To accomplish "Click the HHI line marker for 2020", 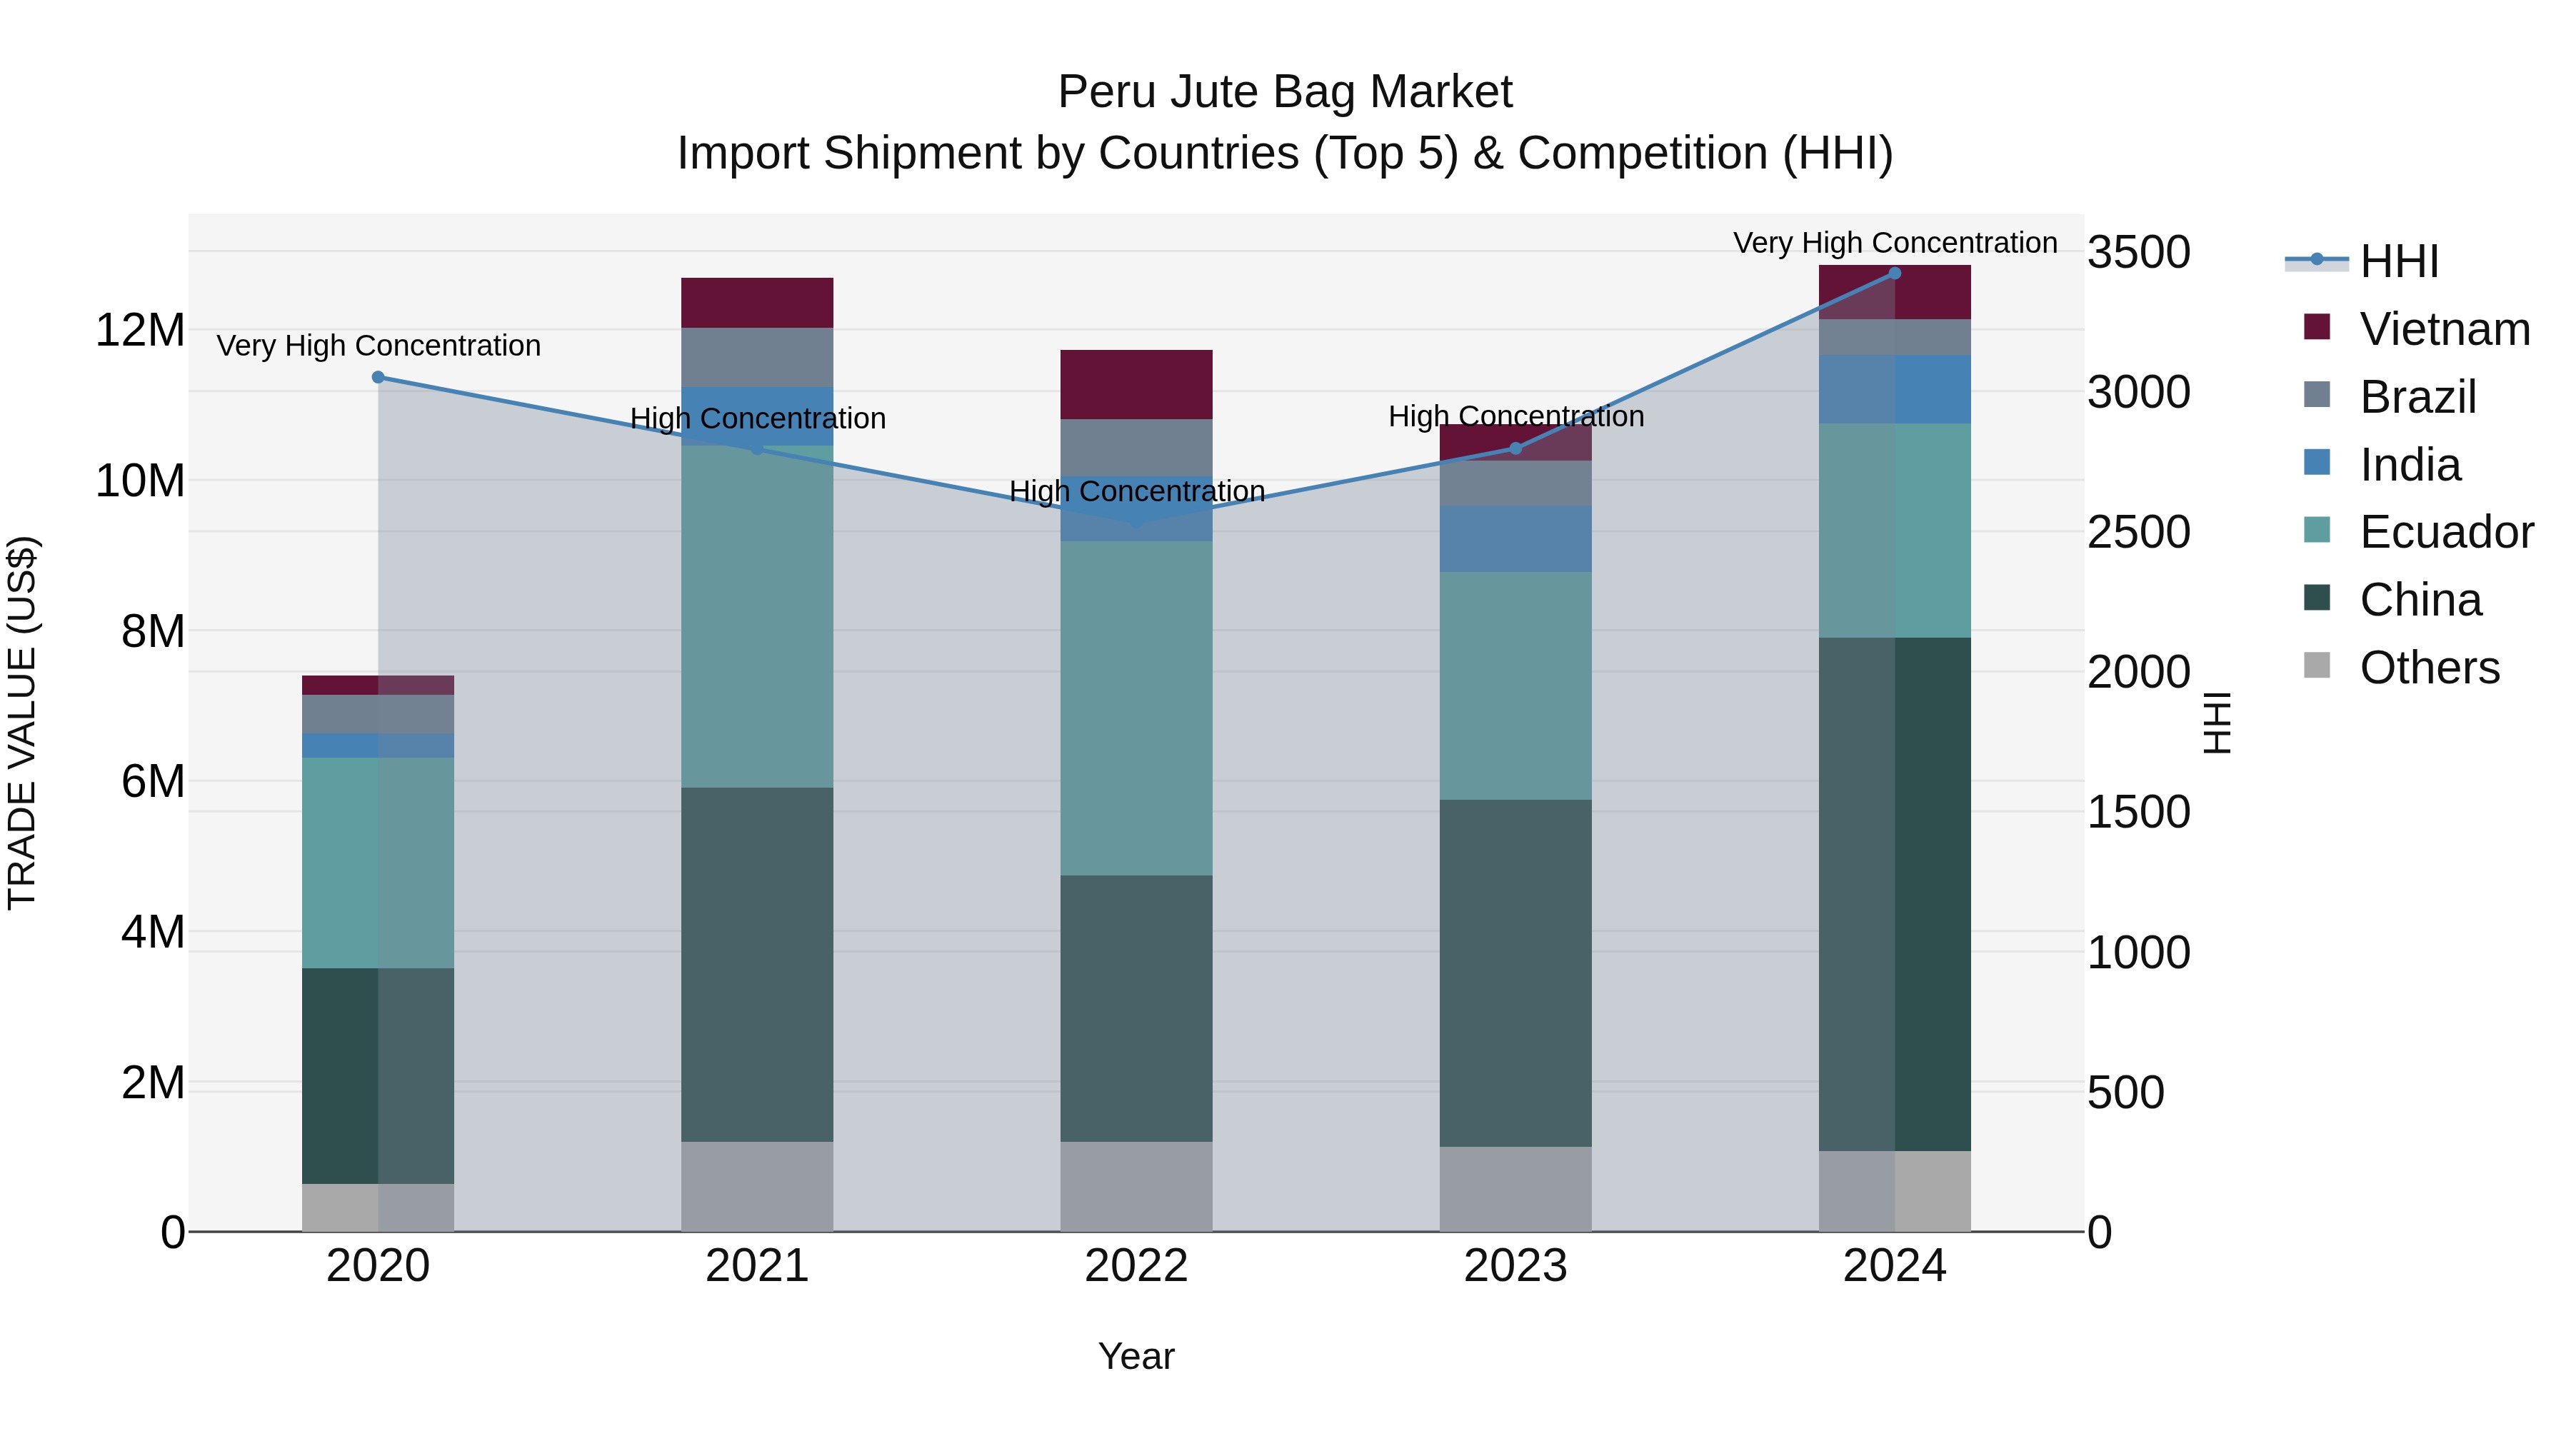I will pos(379,377).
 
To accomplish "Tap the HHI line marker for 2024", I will pos(1894,273).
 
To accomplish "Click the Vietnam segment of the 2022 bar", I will pos(1136,384).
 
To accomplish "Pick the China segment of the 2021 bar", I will pos(756,964).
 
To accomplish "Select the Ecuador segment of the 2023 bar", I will pos(1515,686).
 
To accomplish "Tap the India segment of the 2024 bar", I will pos(1894,389).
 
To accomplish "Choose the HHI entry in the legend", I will pos(2398,261).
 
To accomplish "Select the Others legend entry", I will pos(2428,668).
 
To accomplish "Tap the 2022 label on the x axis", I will pos(1136,1266).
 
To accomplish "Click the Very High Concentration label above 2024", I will pos(1894,243).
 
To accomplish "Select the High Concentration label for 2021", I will pos(756,419).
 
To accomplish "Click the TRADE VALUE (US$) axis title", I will pos(22,723).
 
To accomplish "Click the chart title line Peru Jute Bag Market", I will pos(1285,92).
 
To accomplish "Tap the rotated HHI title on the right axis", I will pos(2215,723).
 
